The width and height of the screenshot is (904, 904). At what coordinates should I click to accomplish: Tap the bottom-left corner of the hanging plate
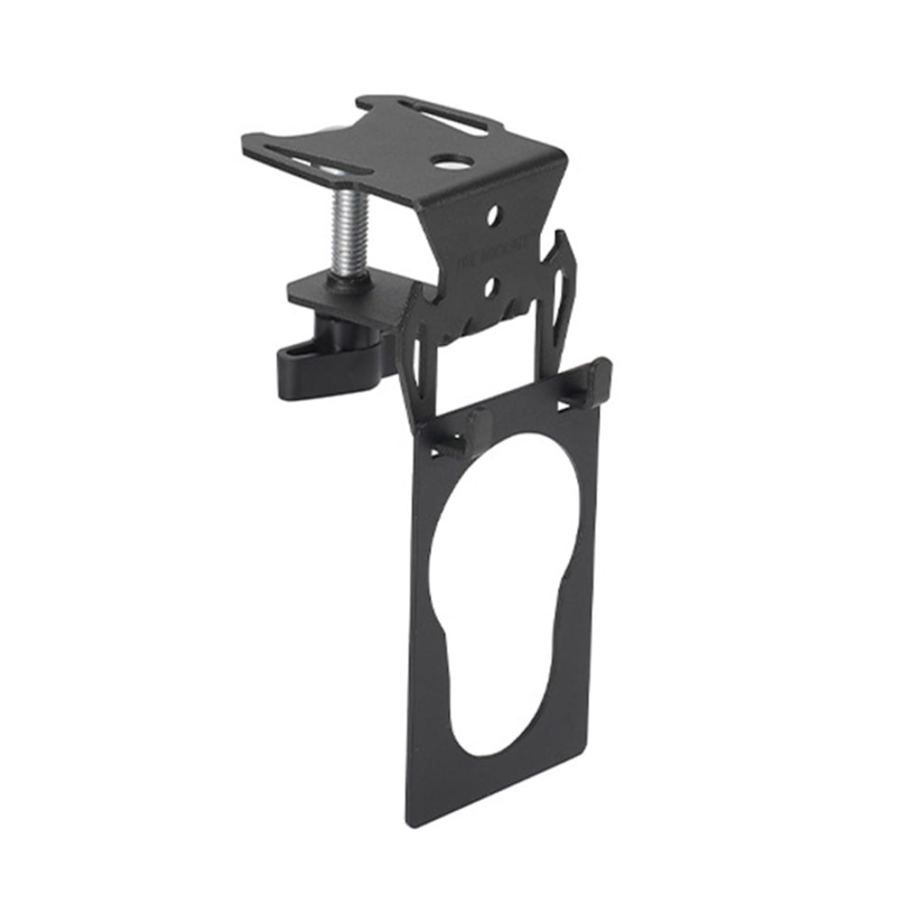(411, 822)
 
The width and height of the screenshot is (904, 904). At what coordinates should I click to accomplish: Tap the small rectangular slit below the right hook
(567, 405)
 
